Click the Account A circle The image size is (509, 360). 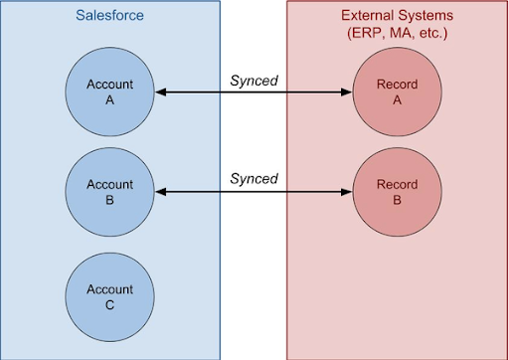pos(110,92)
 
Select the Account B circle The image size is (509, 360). pos(110,192)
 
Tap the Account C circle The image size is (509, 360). pos(110,296)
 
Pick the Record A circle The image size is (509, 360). pos(398,92)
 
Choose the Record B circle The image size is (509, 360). pos(398,192)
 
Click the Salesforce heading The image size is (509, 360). pos(110,17)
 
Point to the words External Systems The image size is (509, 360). pos(397,16)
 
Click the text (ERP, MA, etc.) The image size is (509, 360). pos(397,34)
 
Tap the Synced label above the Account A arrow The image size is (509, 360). pos(254,79)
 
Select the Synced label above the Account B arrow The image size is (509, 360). pos(254,178)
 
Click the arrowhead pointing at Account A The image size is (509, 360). pos(160,92)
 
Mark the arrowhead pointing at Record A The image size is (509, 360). pos(348,92)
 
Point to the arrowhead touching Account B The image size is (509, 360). pos(160,192)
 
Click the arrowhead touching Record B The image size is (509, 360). pos(348,192)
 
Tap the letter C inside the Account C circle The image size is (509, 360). pos(110,304)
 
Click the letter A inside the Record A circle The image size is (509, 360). pos(398,100)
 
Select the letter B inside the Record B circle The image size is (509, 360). pos(398,200)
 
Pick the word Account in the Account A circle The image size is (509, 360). pos(110,85)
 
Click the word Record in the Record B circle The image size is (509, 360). pos(398,185)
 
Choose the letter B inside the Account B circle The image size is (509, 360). pos(110,200)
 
